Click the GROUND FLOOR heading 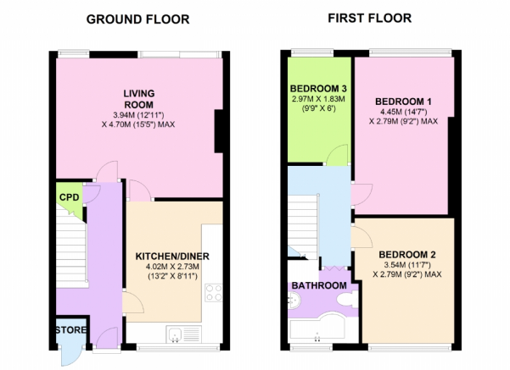tap(137, 19)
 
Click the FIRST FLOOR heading tap(369, 18)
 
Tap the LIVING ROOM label tap(139, 99)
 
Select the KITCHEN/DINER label tap(172, 256)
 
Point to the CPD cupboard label tap(70, 197)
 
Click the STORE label tap(70, 330)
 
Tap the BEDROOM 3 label tap(318, 88)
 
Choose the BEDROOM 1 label tap(403, 102)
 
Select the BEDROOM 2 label tap(407, 255)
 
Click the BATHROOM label tap(319, 285)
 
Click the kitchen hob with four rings tap(214, 293)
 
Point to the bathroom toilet tap(347, 299)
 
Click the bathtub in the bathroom tap(317, 329)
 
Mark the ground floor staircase tap(71, 246)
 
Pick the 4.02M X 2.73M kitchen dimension tap(172, 267)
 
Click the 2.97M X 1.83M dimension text tap(318, 99)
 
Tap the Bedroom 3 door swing tap(336, 154)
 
